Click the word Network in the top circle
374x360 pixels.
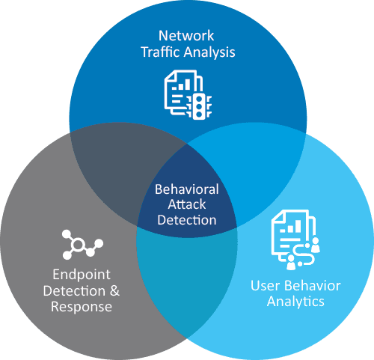pos(186,36)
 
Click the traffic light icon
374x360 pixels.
pos(199,106)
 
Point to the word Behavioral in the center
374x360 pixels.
pos(187,189)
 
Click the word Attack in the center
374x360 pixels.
pos(187,204)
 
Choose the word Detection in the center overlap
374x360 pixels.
pos(187,220)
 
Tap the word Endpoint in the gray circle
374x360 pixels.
pos(82,275)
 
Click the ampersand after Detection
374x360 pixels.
pos(114,290)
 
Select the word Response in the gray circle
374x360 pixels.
pos(82,307)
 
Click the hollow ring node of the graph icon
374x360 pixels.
pos(78,245)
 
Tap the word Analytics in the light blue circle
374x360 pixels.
pos(295,302)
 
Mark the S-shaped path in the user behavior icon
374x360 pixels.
pos(304,254)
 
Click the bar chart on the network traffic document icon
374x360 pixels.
pos(181,85)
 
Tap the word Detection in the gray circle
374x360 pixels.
pos(74,291)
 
